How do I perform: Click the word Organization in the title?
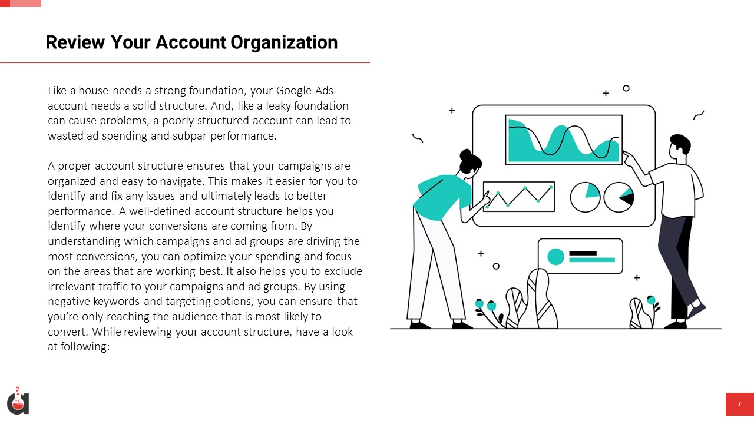(284, 43)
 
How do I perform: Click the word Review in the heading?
(75, 42)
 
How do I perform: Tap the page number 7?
(739, 404)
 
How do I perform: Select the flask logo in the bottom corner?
(18, 401)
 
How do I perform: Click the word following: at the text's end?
(85, 347)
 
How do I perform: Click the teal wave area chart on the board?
(564, 140)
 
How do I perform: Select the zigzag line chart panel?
(519, 197)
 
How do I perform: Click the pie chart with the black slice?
(619, 197)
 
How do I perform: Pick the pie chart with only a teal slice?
(585, 197)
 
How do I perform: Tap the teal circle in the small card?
(555, 257)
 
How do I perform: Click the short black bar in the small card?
(583, 253)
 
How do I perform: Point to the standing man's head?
(680, 147)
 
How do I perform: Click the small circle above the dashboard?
(626, 88)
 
